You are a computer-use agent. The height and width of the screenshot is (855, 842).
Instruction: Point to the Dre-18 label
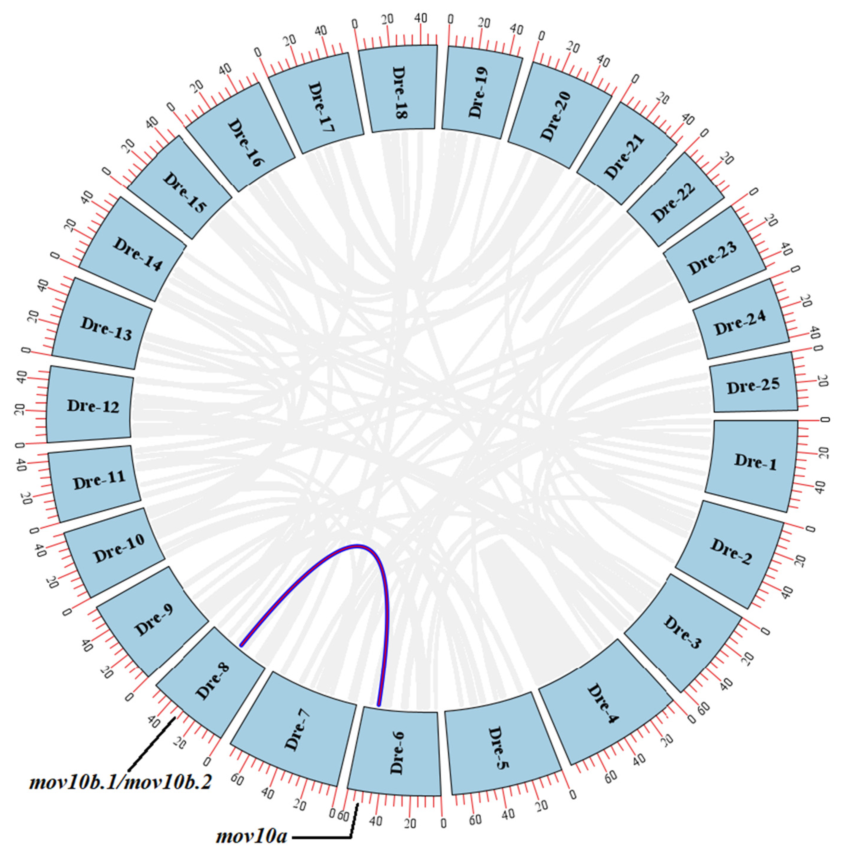tap(399, 93)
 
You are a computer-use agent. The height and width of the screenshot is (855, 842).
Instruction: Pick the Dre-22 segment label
tap(673, 202)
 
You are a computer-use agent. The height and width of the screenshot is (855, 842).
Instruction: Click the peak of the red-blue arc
tap(357, 546)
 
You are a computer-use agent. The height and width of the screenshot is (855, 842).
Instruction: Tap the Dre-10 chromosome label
tap(118, 548)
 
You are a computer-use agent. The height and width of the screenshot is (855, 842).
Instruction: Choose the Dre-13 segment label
tap(106, 329)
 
